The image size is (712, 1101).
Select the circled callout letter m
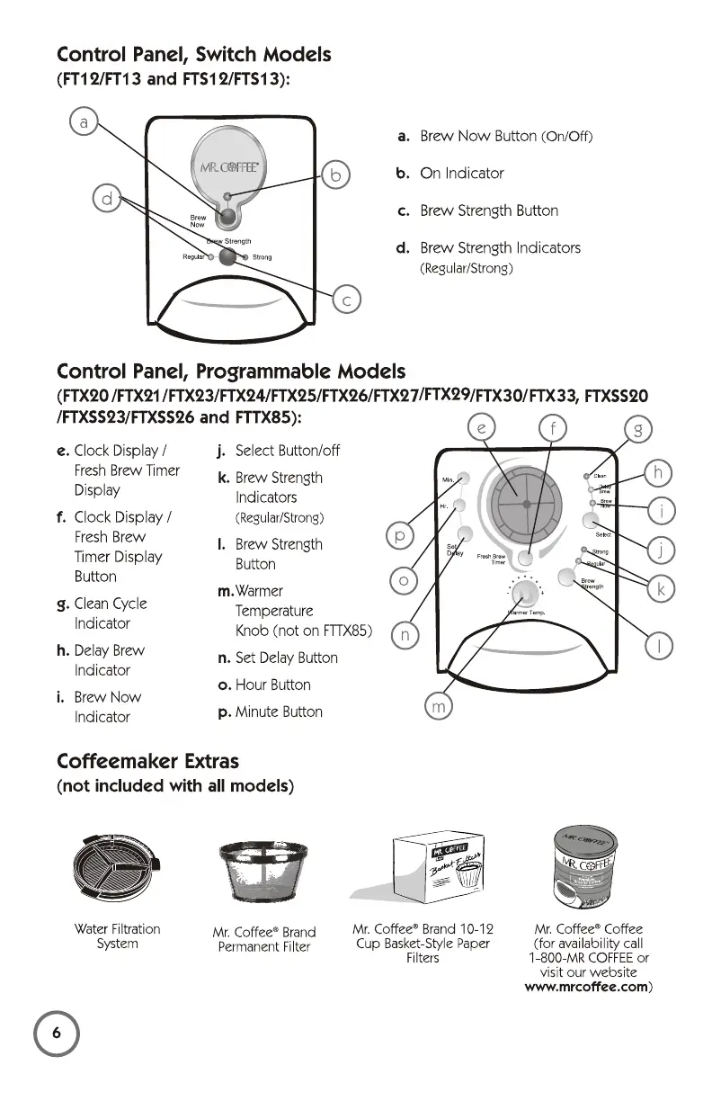click(x=439, y=708)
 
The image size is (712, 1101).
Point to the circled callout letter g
click(x=637, y=431)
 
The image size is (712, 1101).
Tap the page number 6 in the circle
click(x=56, y=1035)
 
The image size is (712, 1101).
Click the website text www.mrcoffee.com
click(x=585, y=987)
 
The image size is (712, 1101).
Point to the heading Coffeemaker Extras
click(x=147, y=761)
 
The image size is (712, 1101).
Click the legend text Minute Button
click(x=278, y=712)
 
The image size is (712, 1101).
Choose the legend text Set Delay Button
click(x=286, y=658)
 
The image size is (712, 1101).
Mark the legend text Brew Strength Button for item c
click(x=488, y=210)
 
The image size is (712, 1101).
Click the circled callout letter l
click(x=661, y=645)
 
